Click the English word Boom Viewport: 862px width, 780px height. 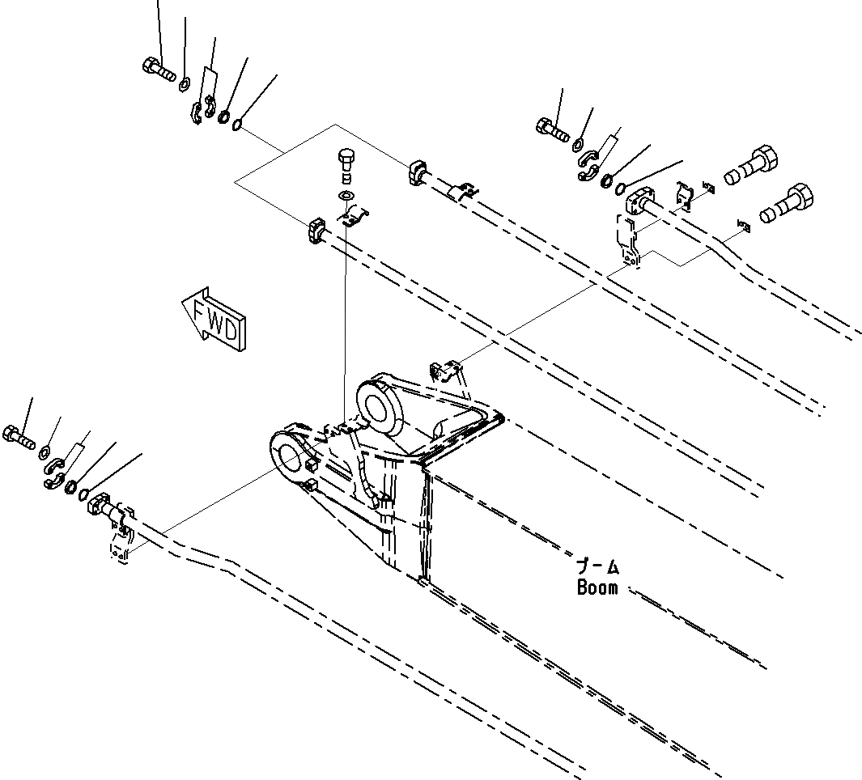pyautogui.click(x=597, y=588)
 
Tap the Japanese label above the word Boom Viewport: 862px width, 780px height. pyautogui.click(x=597, y=566)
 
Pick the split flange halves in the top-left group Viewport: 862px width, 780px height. pyautogui.click(x=202, y=111)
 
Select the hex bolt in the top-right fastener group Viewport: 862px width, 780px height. pyautogui.click(x=553, y=128)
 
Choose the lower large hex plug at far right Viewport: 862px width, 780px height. pyautogui.click(x=788, y=203)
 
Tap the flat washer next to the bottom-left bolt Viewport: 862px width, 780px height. pyautogui.click(x=45, y=451)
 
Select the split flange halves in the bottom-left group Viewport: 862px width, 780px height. pyautogui.click(x=55, y=473)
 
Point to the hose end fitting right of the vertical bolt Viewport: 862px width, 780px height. pyautogui.click(x=419, y=172)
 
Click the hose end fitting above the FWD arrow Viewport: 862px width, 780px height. pyautogui.click(x=315, y=230)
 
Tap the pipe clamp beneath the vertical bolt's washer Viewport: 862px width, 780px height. pyautogui.click(x=353, y=216)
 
